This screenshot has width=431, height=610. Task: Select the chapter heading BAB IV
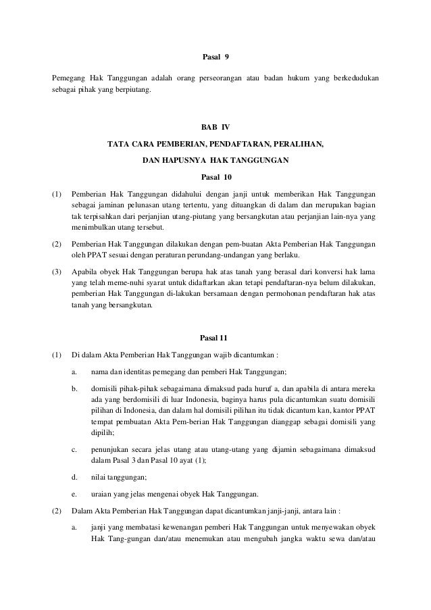pos(215,127)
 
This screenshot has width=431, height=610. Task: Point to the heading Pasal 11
pos(215,337)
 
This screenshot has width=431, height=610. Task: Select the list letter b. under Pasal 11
pos(75,388)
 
